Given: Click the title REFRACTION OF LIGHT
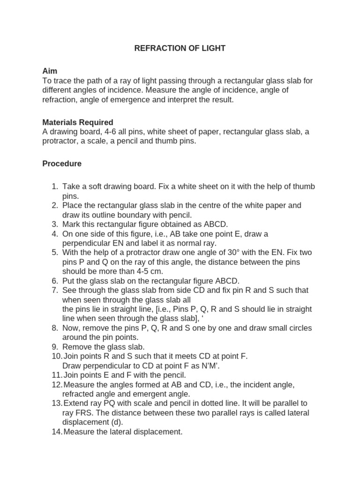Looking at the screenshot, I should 180,48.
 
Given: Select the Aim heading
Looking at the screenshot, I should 50,71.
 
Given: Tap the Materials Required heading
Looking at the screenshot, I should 78,122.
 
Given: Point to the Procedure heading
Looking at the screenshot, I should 62,164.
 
